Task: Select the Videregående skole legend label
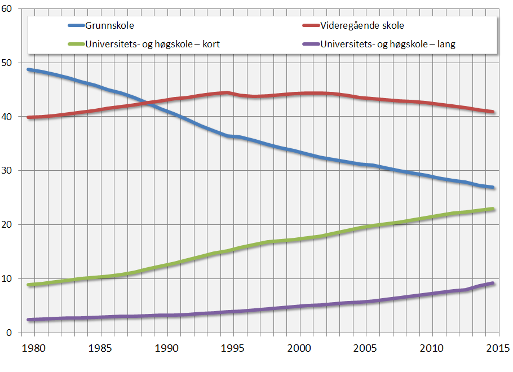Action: coord(362,25)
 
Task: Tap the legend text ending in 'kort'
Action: coord(152,44)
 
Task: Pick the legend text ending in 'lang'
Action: coord(388,44)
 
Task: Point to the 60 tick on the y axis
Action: coord(8,9)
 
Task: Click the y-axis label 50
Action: coord(8,63)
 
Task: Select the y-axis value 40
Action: coord(8,117)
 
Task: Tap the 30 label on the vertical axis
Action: coord(8,171)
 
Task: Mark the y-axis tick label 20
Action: coord(8,225)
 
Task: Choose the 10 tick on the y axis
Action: coord(8,279)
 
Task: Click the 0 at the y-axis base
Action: coord(11,333)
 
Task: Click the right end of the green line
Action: coord(493,209)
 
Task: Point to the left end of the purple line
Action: coord(29,320)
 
